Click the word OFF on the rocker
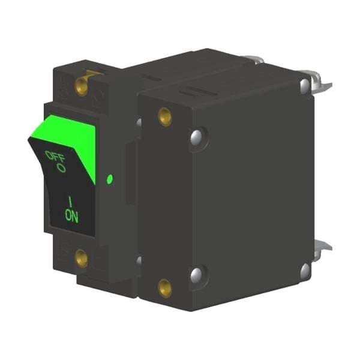pyautogui.click(x=55, y=157)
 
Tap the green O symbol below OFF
pyautogui.click(x=61, y=168)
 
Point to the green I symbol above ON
pyautogui.click(x=70, y=202)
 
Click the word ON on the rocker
pyautogui.click(x=71, y=215)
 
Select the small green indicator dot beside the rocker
pyautogui.click(x=110, y=179)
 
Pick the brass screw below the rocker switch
pyautogui.click(x=82, y=259)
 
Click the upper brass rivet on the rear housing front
pyautogui.click(x=165, y=116)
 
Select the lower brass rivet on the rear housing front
pyautogui.click(x=165, y=288)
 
